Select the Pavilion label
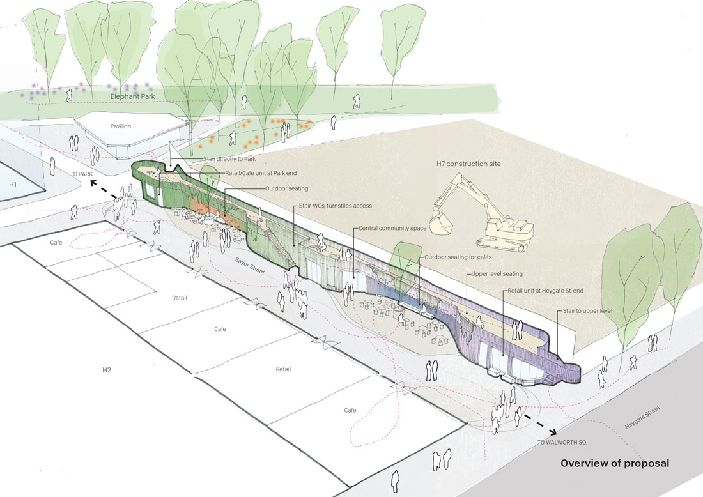click(120, 126)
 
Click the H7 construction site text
click(468, 164)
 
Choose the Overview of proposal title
click(615, 463)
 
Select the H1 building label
click(12, 185)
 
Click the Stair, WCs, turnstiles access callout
click(335, 206)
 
